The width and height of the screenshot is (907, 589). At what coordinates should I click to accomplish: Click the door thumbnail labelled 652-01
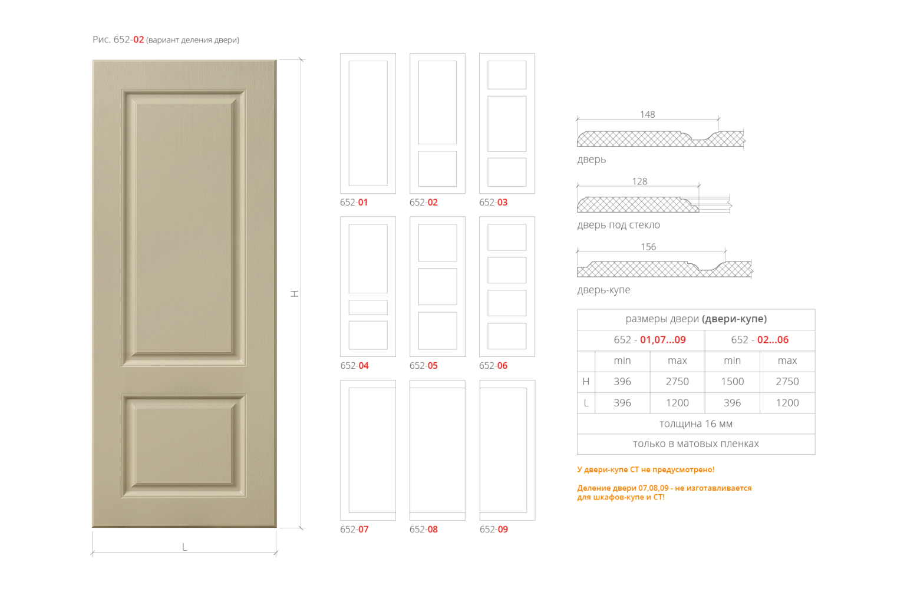tap(368, 124)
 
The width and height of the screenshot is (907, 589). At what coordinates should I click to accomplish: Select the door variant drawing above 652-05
tap(437, 287)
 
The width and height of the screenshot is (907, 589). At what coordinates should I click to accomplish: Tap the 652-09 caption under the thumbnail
tap(494, 530)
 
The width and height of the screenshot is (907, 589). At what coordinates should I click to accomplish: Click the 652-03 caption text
tap(493, 203)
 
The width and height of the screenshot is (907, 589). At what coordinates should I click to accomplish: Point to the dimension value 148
tap(647, 114)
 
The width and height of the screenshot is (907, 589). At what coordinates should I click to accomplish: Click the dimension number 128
tap(639, 181)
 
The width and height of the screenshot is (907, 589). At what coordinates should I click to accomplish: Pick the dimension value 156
tap(648, 247)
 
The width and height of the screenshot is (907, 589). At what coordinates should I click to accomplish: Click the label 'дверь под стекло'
tap(618, 225)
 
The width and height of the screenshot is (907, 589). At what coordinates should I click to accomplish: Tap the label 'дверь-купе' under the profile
tap(603, 290)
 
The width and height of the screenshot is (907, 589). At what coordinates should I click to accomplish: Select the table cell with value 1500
tap(732, 382)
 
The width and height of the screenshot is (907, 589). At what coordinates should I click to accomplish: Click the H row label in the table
tap(586, 382)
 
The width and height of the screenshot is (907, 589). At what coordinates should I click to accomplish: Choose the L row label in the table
tap(586, 403)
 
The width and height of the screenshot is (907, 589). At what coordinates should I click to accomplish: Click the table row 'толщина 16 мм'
tap(695, 424)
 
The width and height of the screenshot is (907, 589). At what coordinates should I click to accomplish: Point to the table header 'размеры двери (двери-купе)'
tap(695, 319)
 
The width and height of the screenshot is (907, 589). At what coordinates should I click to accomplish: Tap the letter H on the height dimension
tap(295, 293)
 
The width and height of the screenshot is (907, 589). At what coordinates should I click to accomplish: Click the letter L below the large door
tap(184, 547)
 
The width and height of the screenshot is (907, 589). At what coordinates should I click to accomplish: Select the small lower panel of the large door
tap(184, 446)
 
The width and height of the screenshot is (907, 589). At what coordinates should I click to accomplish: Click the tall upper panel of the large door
tap(184, 227)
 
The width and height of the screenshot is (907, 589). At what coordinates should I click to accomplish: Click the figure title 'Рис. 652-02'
tap(118, 40)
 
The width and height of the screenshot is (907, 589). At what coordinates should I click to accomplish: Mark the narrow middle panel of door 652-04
tap(368, 307)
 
